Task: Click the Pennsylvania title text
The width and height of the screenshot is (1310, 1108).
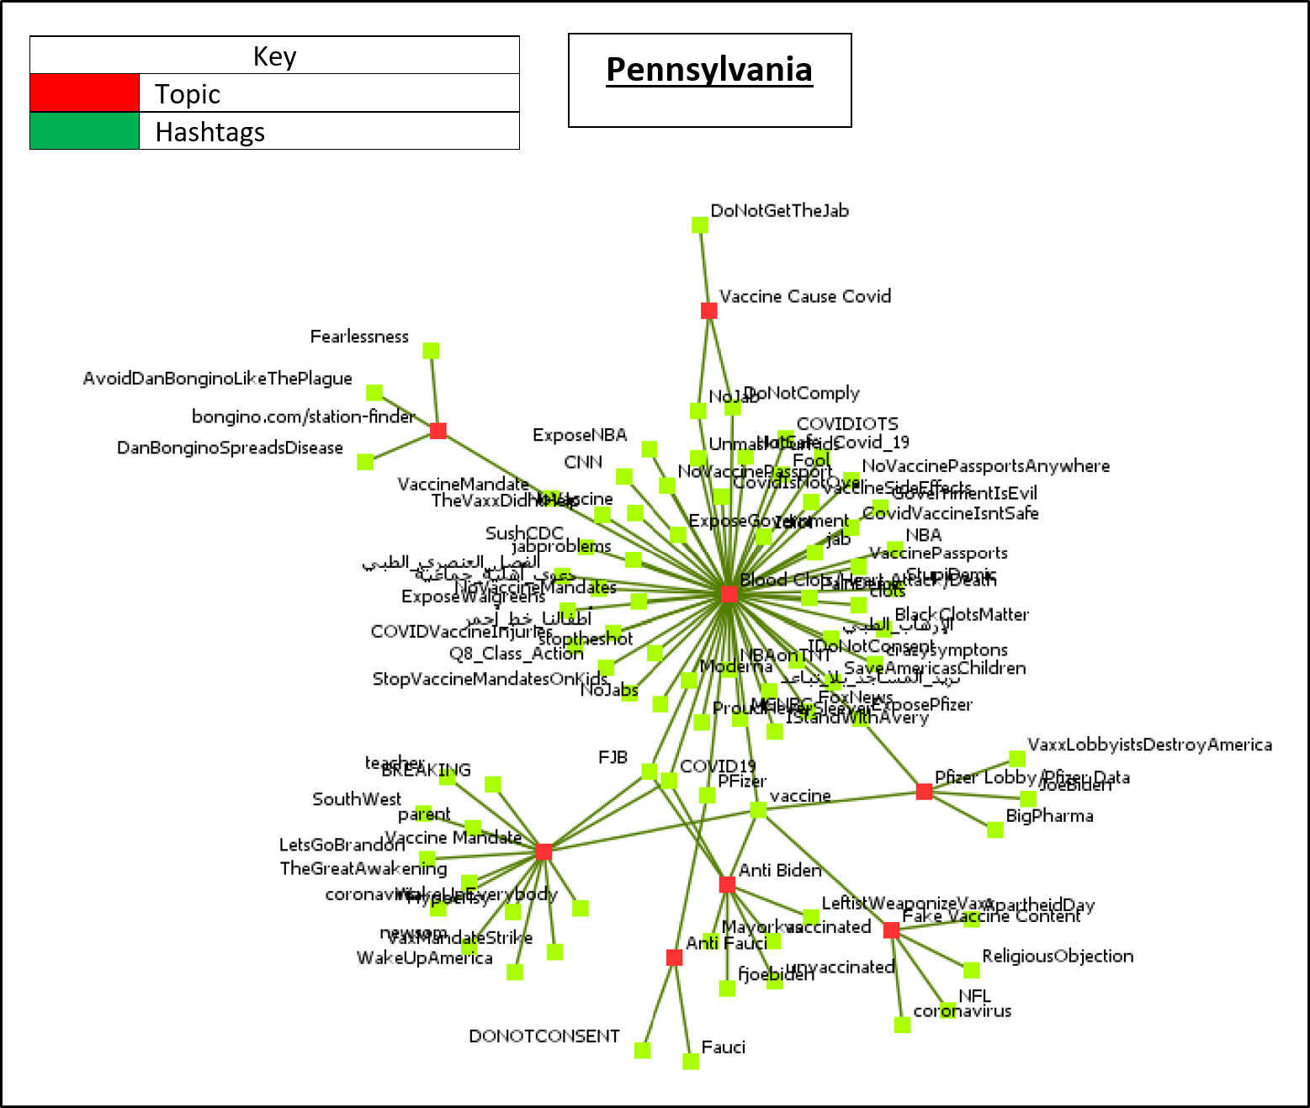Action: click(709, 71)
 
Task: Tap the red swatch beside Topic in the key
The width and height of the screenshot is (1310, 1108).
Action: click(84, 93)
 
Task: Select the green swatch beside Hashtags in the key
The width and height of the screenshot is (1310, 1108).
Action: click(84, 131)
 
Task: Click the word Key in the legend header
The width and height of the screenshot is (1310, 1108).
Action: click(274, 56)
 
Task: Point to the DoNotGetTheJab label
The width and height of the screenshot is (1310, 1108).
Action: click(779, 211)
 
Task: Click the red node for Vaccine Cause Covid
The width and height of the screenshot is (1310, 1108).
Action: click(708, 310)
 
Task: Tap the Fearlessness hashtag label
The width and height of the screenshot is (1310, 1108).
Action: click(359, 337)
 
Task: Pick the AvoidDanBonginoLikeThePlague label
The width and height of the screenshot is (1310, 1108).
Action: click(217, 379)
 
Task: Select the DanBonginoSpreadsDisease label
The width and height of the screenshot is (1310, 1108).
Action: click(230, 448)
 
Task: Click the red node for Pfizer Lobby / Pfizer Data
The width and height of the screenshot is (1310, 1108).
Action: click(924, 792)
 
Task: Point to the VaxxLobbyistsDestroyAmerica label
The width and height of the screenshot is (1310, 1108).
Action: click(1149, 745)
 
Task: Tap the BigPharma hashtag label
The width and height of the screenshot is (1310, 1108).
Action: click(1049, 816)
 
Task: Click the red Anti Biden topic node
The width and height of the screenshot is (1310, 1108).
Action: click(727, 884)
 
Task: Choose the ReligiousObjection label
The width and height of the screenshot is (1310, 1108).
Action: click(1058, 957)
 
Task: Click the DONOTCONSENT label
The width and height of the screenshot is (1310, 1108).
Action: click(544, 1036)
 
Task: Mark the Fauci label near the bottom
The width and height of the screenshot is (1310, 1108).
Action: click(723, 1047)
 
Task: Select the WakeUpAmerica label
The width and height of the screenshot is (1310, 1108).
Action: click(424, 958)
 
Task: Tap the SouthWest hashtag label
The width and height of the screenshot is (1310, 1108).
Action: click(357, 799)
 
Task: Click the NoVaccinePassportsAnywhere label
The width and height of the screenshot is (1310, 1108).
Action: click(985, 466)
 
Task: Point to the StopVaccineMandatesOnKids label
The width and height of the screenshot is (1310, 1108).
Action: click(490, 679)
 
